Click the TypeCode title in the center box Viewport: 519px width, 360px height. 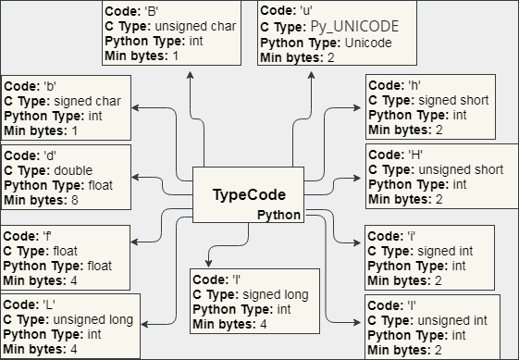248,194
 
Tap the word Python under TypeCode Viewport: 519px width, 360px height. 278,215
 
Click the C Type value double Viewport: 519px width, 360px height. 75,170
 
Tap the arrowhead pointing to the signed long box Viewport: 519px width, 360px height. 209,262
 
